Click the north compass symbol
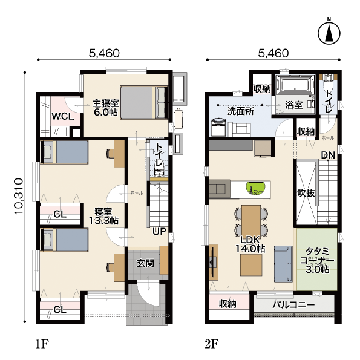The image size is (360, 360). coord(329,33)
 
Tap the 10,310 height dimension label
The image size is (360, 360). coord(19,197)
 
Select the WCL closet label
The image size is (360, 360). coord(63,116)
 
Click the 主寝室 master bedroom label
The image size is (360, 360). coord(106,103)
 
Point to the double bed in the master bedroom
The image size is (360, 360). coord(144,102)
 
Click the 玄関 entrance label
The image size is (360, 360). coord(145,263)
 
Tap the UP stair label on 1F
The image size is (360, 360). coord(159,231)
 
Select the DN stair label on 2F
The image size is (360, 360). coord(328,155)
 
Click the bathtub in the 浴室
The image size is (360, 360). coord(295,85)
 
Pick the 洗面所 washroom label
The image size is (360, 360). coord(241,111)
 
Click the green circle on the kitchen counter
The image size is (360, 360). coord(256,189)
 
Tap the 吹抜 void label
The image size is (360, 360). coord(306,193)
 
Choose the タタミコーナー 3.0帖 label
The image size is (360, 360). coord(317,261)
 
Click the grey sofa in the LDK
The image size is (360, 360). coord(283,264)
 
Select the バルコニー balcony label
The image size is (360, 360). coord(293,305)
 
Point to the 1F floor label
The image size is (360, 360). coord(42,344)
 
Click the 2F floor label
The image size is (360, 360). coord(211,344)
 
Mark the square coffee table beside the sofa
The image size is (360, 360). coord(251,265)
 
